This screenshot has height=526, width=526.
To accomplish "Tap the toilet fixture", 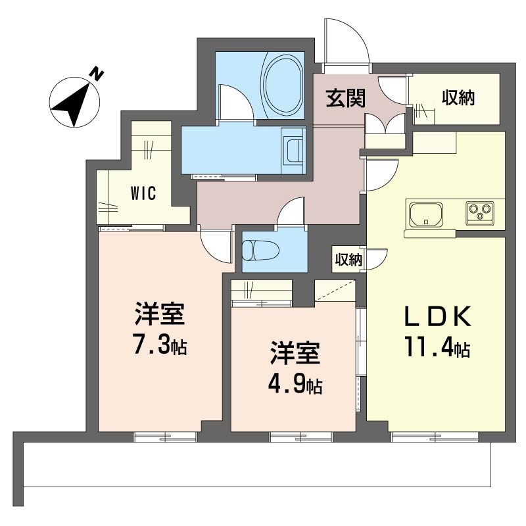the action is pyautogui.click(x=260, y=250).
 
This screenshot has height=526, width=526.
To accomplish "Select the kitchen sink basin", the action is pyautogui.click(x=425, y=214).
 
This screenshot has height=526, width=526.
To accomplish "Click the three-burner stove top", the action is pyautogui.click(x=480, y=212).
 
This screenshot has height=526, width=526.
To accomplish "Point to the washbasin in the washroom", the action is pyautogui.click(x=293, y=150).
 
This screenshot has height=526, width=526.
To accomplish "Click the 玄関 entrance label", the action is pyautogui.click(x=346, y=99).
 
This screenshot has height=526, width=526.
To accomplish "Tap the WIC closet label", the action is pyautogui.click(x=143, y=193).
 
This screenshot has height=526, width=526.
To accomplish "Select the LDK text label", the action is pyautogui.click(x=437, y=316).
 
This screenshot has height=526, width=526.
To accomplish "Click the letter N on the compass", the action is pyautogui.click(x=97, y=74).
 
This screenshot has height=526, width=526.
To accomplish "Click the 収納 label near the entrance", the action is pyautogui.click(x=458, y=98).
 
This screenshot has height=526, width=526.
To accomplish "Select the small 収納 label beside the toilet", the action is pyautogui.click(x=349, y=259).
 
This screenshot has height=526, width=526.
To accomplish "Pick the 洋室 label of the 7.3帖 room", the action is pyautogui.click(x=160, y=314).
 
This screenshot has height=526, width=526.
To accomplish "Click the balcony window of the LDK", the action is pyautogui.click(x=435, y=437).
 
